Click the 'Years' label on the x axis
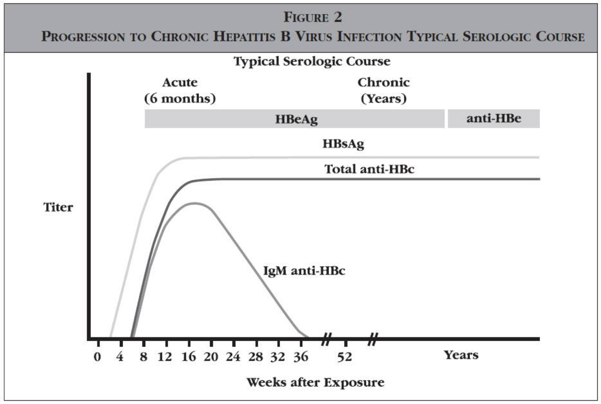pyautogui.click(x=461, y=355)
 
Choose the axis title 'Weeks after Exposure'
pyautogui.click(x=315, y=383)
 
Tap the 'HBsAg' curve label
pyautogui.click(x=343, y=144)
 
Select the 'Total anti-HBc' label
pyautogui.click(x=369, y=169)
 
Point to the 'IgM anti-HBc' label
pyautogui.click(x=303, y=271)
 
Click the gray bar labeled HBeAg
pyautogui.click(x=294, y=119)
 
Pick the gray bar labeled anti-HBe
pyautogui.click(x=494, y=119)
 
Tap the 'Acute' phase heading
pyautogui.click(x=180, y=82)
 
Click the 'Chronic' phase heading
pyautogui.click(x=383, y=82)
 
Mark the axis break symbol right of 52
pyautogui.click(x=372, y=339)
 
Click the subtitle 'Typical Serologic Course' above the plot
pyautogui.click(x=312, y=62)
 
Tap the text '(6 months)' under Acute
pyautogui.click(x=180, y=99)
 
